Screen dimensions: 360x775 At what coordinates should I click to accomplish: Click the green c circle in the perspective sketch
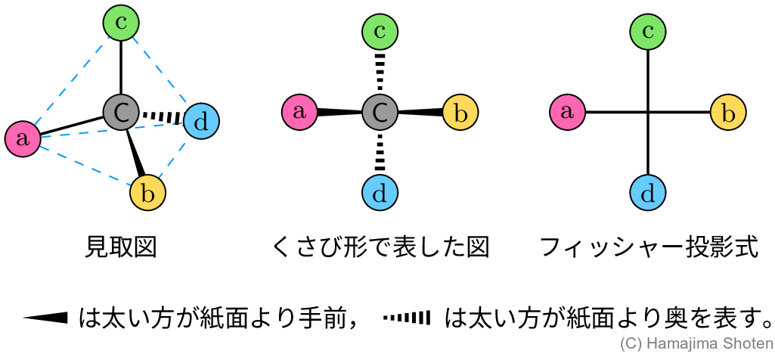tap(121, 23)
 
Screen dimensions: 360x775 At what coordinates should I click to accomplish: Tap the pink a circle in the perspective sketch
tap(23, 138)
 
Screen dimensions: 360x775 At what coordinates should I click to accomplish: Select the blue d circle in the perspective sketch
tap(201, 121)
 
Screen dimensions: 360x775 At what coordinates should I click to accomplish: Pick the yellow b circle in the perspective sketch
tap(147, 193)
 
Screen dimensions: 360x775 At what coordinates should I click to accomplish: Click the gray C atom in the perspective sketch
tap(121, 113)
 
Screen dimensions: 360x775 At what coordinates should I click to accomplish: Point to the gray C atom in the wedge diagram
tap(380, 113)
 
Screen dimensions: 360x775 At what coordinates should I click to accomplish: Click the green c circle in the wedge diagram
tap(380, 32)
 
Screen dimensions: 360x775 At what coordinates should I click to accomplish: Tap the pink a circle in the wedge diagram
tap(299, 113)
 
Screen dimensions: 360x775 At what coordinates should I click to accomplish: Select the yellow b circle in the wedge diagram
tap(460, 113)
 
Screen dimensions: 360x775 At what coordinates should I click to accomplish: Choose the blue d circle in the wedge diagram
tap(380, 193)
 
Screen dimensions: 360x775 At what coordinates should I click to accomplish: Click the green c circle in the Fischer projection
tap(648, 32)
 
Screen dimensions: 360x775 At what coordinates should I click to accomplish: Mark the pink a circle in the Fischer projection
tap(568, 113)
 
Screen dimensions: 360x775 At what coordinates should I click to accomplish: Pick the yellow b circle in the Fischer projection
tap(729, 113)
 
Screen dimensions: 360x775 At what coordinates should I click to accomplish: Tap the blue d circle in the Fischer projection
tap(648, 193)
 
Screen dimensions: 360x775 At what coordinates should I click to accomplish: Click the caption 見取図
tap(121, 247)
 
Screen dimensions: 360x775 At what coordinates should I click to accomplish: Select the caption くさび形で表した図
tap(380, 247)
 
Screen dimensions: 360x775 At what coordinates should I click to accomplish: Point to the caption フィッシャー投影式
tap(648, 247)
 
